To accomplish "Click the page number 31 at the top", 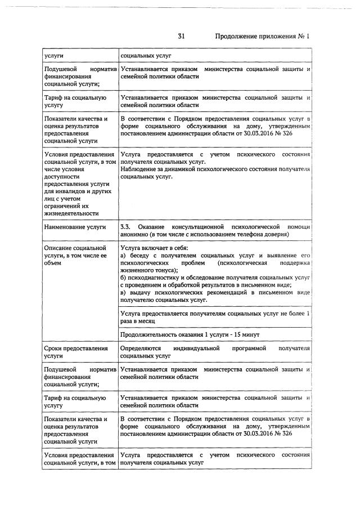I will click(x=181, y=36).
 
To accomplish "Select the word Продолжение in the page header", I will click(x=237, y=36).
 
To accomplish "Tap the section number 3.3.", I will click(x=126, y=226).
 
